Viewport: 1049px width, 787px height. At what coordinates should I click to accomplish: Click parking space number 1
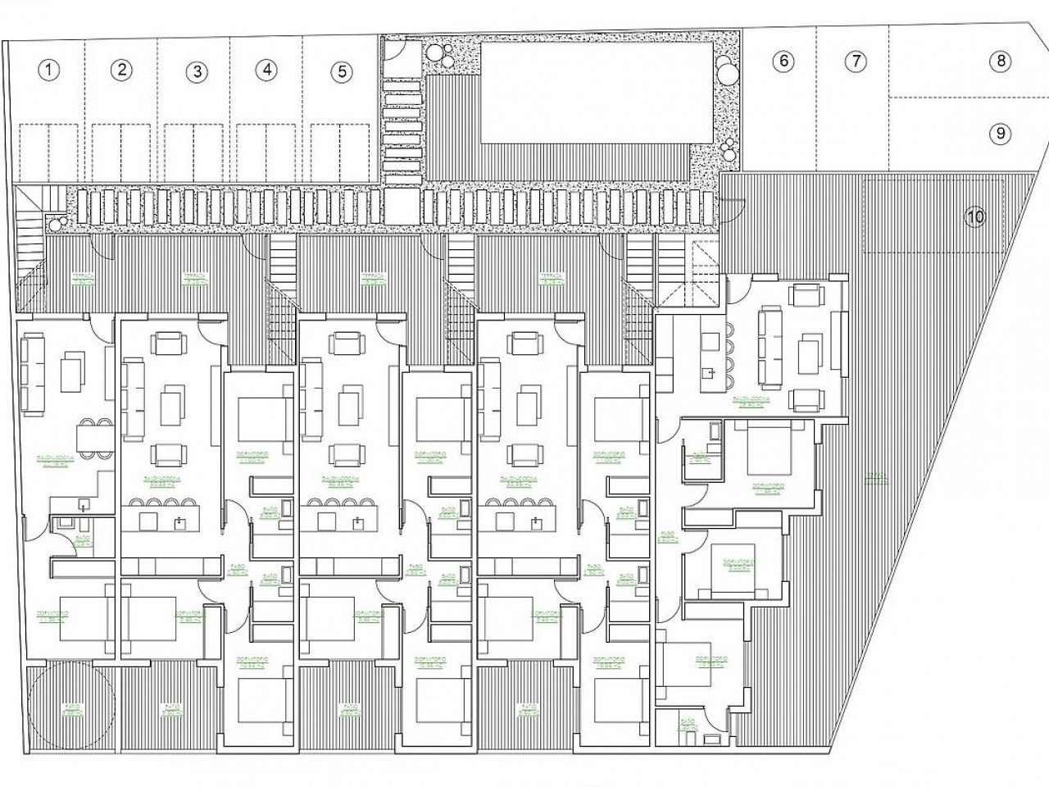[51, 71]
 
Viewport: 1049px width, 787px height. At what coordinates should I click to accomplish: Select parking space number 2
[121, 70]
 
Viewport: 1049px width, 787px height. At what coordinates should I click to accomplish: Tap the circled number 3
[195, 71]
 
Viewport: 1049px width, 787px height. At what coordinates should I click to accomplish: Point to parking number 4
[266, 70]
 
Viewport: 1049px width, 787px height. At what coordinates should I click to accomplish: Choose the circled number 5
[341, 71]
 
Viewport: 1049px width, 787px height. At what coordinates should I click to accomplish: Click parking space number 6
[783, 61]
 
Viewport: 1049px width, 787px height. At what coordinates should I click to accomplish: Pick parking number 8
[1000, 61]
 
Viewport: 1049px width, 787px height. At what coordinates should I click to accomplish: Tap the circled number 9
[1000, 133]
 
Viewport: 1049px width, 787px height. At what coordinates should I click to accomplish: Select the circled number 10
[974, 216]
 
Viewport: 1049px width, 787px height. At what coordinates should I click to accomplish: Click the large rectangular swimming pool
[595, 91]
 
